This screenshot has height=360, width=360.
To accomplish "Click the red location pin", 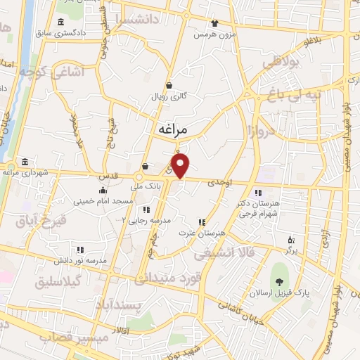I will (181, 166).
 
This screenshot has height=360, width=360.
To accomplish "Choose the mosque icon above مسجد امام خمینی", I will (103, 190).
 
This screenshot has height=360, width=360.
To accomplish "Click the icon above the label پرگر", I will (292, 239).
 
